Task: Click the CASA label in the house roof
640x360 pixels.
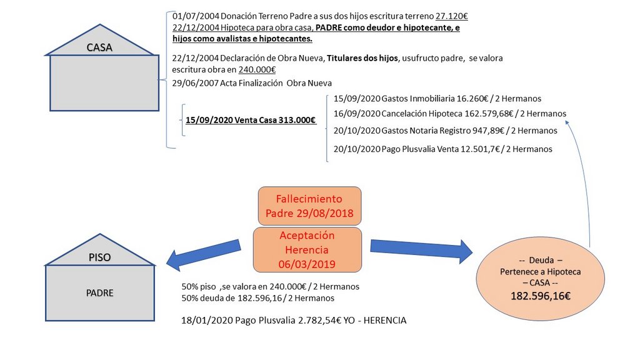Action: click(99, 47)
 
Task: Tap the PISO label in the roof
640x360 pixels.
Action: click(99, 256)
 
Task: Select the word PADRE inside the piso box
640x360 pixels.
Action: click(99, 292)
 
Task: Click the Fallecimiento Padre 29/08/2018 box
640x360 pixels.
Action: click(309, 206)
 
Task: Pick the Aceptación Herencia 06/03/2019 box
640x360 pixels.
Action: click(307, 249)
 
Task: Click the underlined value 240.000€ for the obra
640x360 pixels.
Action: click(257, 70)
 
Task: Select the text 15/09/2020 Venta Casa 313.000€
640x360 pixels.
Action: click(251, 121)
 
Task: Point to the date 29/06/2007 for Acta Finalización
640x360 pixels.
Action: click(194, 83)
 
